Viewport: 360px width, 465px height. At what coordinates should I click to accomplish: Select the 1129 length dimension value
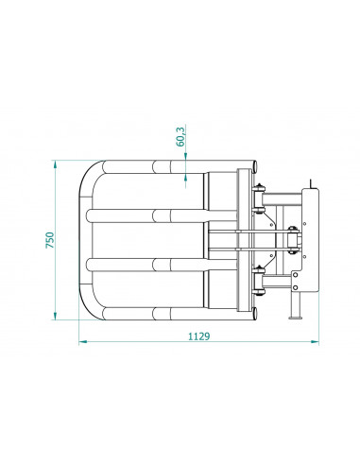[198, 336]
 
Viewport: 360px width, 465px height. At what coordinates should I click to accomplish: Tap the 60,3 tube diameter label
[180, 137]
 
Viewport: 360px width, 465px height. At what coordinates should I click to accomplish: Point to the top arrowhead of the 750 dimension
[60, 164]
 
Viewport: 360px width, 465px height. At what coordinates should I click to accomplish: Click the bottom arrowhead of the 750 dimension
[60, 317]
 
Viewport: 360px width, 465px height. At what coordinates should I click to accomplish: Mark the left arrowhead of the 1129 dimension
[81, 341]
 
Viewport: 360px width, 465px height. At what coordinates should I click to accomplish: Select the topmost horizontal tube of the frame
[151, 167]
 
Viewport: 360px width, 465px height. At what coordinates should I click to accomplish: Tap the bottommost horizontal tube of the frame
[151, 312]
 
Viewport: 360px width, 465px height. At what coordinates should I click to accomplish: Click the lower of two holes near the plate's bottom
[298, 284]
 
